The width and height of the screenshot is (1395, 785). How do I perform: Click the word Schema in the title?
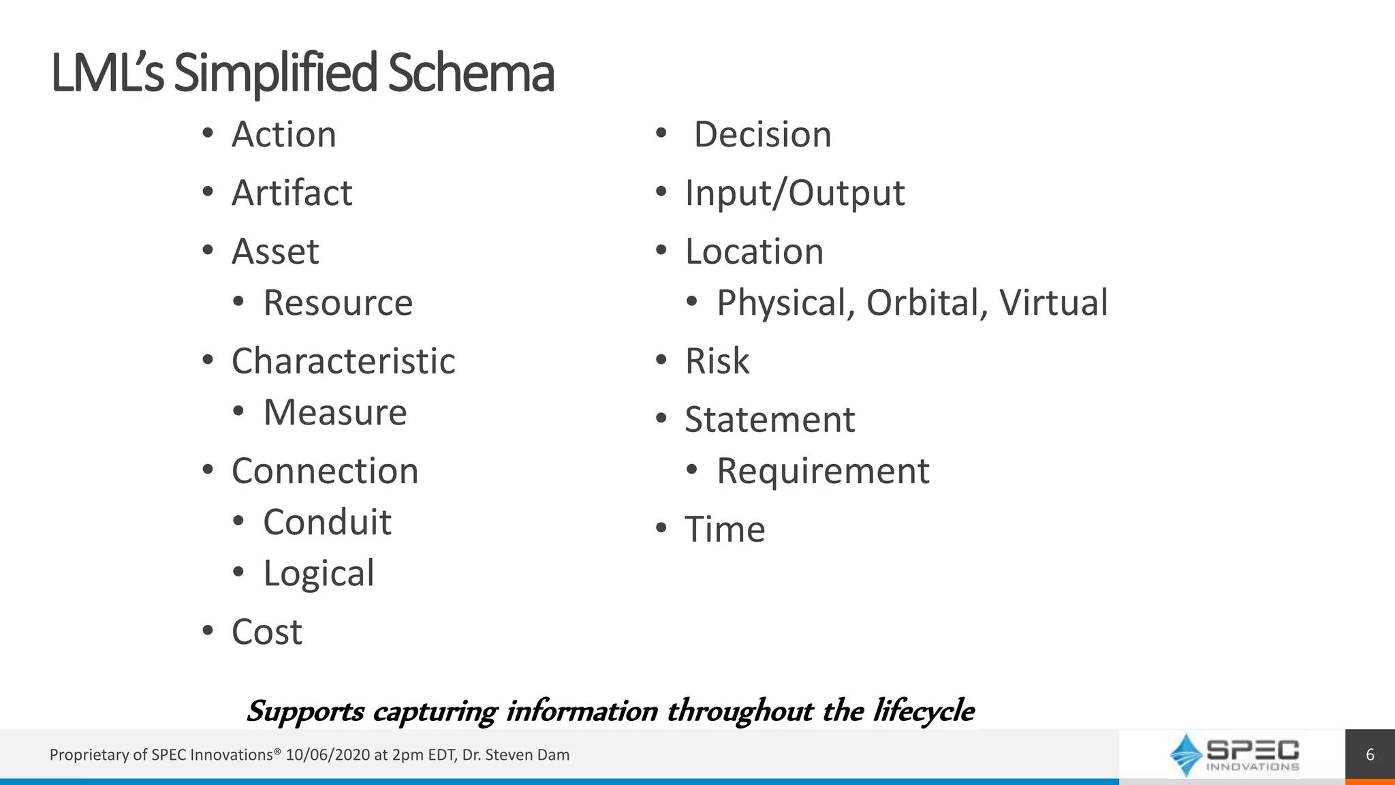pos(470,74)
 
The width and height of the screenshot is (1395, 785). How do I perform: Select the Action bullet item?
pos(284,134)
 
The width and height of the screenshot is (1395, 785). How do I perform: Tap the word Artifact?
pos(292,193)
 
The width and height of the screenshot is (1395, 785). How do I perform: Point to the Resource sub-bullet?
pos(338,303)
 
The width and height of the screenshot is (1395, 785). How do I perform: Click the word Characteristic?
pos(343,361)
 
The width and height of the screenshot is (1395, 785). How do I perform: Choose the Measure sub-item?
pos(335,412)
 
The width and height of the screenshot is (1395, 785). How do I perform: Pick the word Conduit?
pos(327,523)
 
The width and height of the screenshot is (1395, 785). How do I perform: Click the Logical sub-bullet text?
pos(319,574)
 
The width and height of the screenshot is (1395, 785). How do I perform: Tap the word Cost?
pos(267,632)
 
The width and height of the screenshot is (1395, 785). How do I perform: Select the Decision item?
pos(762,134)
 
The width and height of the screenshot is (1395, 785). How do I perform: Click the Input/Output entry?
pos(795,193)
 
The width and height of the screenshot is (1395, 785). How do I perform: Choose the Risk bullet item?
pos(717,361)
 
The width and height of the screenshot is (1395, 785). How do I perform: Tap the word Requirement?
pos(823,471)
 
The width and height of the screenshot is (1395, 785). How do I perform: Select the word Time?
pos(725,529)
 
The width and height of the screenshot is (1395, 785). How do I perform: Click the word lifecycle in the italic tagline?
pos(924,711)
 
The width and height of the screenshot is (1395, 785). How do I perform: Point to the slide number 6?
pos(1370,755)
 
